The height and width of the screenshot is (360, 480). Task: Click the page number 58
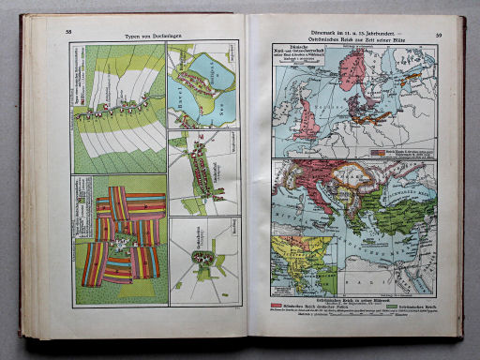click(x=67, y=32)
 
